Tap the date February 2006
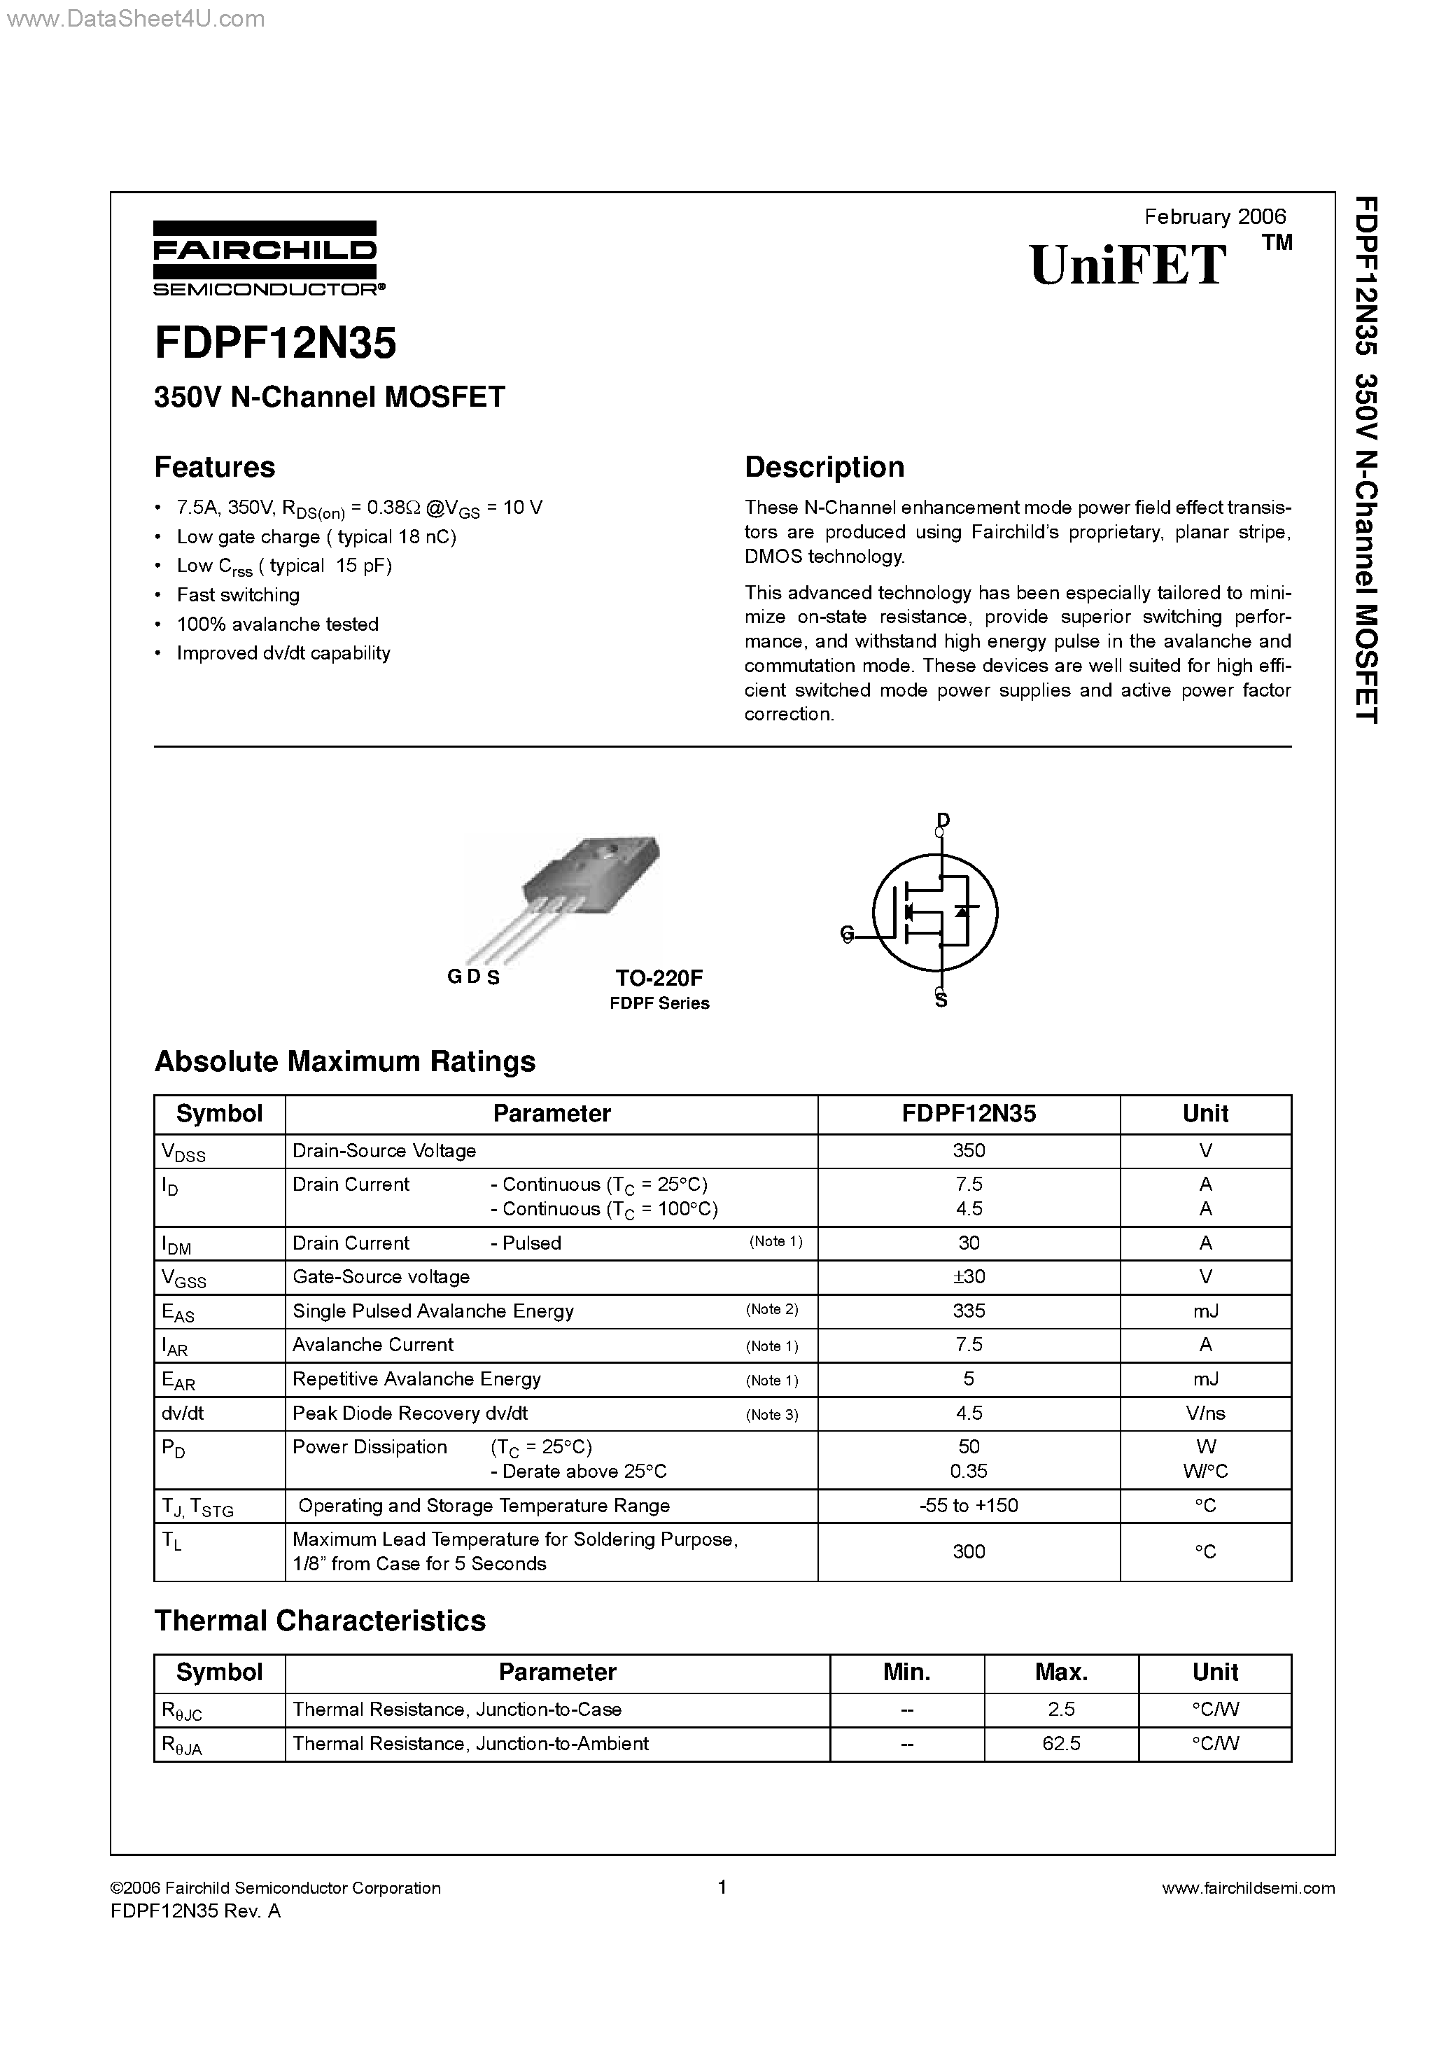click(x=1214, y=216)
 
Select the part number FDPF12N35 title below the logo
click(x=276, y=343)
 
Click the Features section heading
click(x=215, y=467)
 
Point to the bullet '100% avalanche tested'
click(x=277, y=624)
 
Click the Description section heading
click(x=824, y=467)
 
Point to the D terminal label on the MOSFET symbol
click(x=943, y=819)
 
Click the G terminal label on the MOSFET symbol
click(x=847, y=933)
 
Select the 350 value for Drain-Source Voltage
click(x=968, y=1151)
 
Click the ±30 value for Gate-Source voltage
click(x=968, y=1277)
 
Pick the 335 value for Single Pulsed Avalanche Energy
click(x=968, y=1311)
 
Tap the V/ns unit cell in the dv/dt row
click(x=1205, y=1413)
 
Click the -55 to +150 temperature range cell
click(x=968, y=1506)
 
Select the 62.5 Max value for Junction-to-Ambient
click(x=1061, y=1744)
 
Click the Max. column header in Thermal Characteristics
click(x=1061, y=1672)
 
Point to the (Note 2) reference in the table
click(x=772, y=1310)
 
